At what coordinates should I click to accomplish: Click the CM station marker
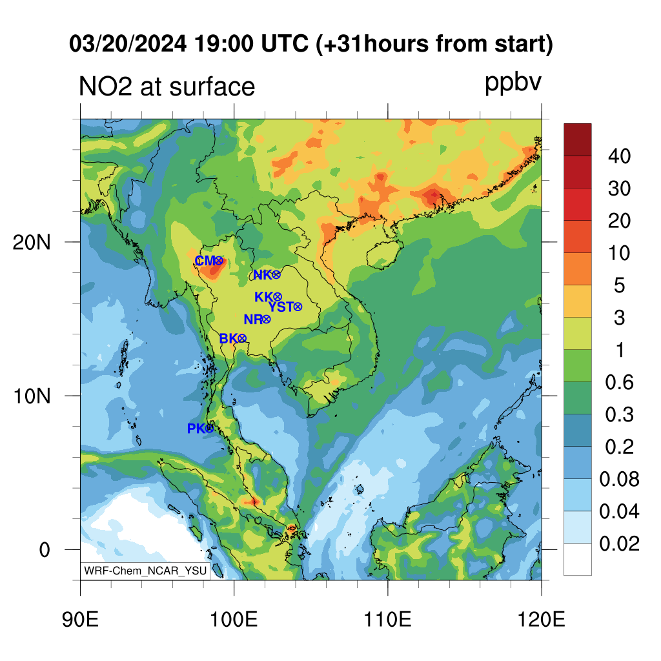coord(218,261)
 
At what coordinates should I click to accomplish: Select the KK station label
coord(264,297)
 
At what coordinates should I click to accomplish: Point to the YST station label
coord(281,307)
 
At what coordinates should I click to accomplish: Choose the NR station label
coord(253,320)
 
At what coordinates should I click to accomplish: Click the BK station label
coord(229,338)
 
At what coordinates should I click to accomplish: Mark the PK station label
coord(196,429)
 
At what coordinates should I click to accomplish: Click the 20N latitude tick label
coord(32,243)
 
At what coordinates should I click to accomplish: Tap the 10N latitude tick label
coord(32,396)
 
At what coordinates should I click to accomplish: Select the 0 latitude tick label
coord(45,550)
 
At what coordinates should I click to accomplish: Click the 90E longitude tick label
coord(80,620)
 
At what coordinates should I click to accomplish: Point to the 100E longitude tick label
coord(234,620)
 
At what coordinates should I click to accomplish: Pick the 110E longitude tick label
coord(387,620)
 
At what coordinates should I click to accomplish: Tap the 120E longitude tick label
coord(542,620)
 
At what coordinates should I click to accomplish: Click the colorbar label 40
coord(619,156)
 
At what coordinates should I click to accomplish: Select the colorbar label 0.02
coord(619,544)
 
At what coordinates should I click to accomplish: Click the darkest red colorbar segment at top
coord(578,140)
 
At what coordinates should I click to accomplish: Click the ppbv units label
coord(513,83)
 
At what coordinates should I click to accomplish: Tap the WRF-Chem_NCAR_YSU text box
coord(145,571)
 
